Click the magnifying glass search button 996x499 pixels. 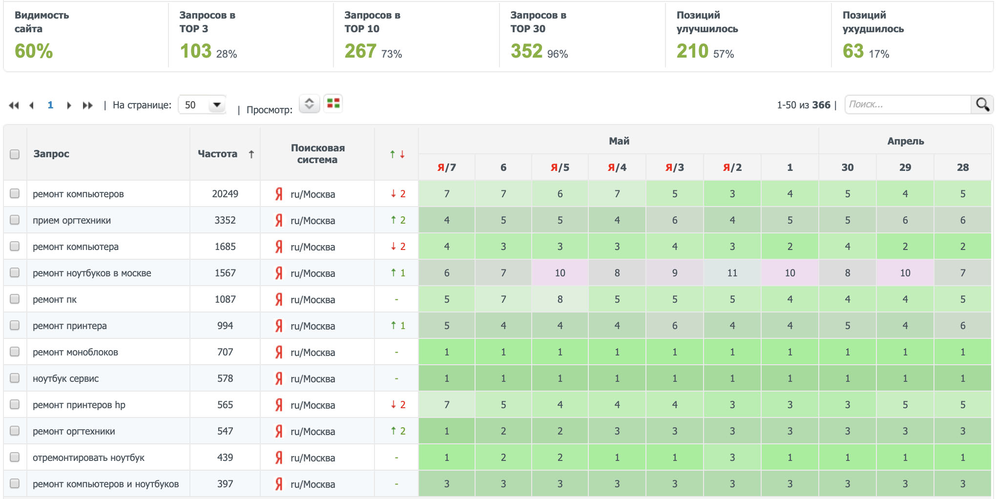982,104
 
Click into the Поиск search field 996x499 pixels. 907,104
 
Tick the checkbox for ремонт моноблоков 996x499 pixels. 15,352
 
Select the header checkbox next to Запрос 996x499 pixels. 15,154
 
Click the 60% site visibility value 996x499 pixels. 34,51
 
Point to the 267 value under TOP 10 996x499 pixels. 360,51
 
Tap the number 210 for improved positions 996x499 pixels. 692,51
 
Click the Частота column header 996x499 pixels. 218,154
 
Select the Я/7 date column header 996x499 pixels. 446,167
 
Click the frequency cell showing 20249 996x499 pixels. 225,194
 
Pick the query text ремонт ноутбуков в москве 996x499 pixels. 92,273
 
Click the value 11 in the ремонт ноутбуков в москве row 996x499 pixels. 732,273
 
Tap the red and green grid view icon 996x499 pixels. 333,104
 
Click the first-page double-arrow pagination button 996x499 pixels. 14,105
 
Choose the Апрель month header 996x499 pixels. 905,141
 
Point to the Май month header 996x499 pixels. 619,141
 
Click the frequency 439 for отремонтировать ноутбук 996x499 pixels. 225,457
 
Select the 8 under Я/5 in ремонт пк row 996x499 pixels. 560,299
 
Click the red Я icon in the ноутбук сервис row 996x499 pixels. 279,378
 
